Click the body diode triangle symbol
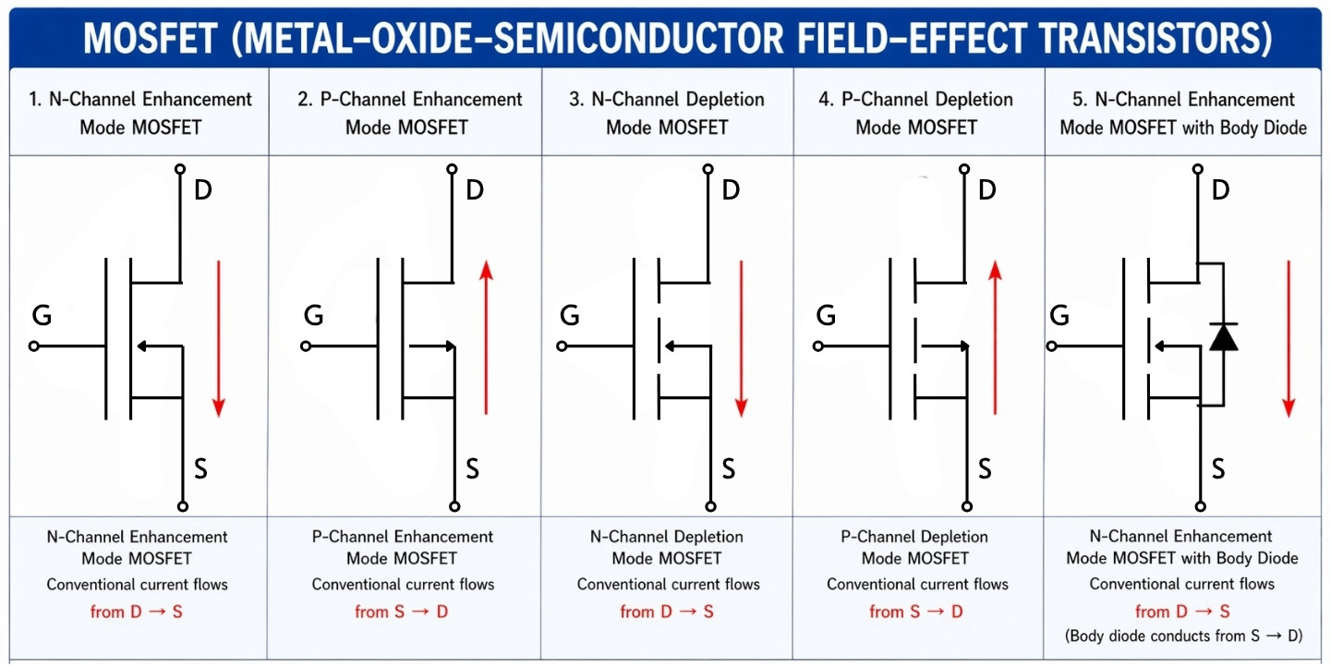1224,337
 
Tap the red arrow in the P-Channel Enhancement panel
486,337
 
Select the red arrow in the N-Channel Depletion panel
741,337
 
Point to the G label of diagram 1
42,316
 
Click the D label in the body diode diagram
1220,190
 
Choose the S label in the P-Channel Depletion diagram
985,469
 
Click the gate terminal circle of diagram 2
306,346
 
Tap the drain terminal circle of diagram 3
708,169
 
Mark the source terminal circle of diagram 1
183,506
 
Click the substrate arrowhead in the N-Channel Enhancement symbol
141,346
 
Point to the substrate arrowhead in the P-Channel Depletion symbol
964,346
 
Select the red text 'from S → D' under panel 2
402,612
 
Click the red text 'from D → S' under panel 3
667,612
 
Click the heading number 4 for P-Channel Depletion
824,100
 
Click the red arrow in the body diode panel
1289,337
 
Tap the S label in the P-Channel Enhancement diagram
472,469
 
